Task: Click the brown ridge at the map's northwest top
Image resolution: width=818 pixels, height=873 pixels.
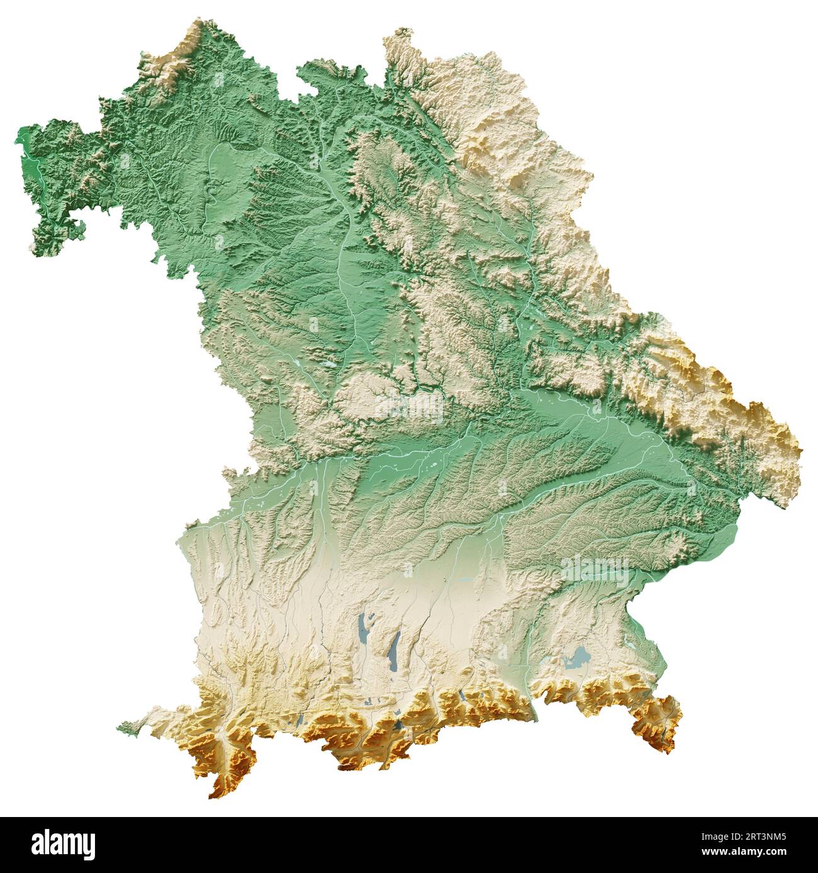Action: click(182, 50)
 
